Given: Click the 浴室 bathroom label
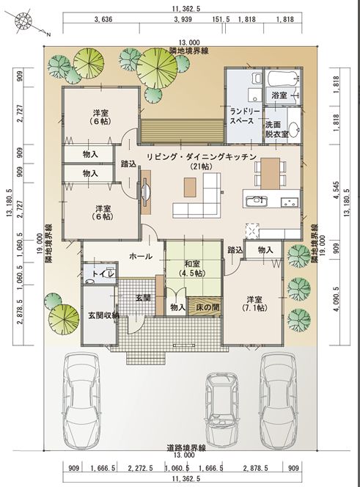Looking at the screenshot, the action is point(279,95).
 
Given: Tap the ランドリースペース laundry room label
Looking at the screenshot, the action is point(242,116).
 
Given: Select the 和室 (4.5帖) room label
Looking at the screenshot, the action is point(192,268).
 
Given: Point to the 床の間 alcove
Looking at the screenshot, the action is point(205,307).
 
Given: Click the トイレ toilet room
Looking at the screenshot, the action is point(100,274).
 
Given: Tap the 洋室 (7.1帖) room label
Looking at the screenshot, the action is point(254,304).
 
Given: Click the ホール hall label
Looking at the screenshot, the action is point(140,256).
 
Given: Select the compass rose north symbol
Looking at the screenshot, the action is point(24,20).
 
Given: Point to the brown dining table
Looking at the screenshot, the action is point(270,173).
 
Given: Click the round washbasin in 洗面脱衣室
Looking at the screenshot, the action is point(294,128).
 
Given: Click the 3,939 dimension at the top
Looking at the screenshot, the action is point(183,20).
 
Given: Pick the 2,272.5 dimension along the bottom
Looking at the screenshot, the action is point(140,468).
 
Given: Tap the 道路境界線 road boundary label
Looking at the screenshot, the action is point(186,448).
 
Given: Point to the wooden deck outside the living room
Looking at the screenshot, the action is point(182,131).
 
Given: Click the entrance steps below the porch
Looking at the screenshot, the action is point(145,358).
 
